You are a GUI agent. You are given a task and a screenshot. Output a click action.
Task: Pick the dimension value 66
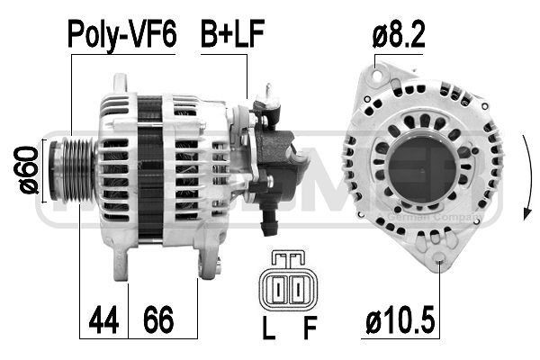coord(158,319)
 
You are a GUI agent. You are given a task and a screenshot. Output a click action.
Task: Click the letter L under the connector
coord(268,329)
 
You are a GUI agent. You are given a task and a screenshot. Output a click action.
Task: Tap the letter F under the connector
coord(310,329)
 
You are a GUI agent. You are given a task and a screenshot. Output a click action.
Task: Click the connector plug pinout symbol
coord(288,283)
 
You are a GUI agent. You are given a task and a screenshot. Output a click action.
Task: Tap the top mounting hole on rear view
coord(380,68)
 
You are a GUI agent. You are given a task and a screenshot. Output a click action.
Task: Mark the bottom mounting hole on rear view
coord(438,263)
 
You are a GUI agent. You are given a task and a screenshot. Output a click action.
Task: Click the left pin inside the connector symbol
coord(279,289)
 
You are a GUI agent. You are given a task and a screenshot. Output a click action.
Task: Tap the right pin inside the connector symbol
coord(297,289)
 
